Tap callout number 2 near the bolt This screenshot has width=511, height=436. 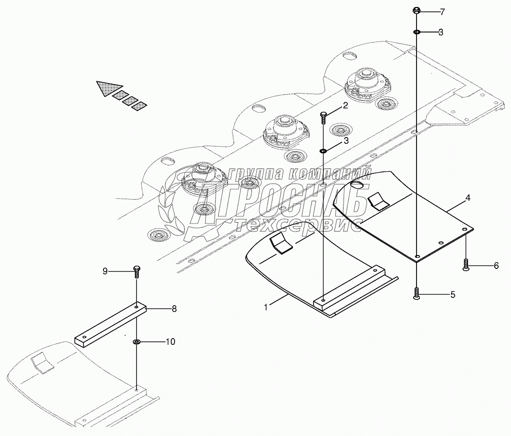coord(345,107)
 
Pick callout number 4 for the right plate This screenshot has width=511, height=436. coord(468,198)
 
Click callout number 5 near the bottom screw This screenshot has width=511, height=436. coord(452,295)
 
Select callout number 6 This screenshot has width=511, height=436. coord(496,266)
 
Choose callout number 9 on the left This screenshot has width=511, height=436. coord(105,271)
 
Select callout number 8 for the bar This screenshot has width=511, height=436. coord(174,309)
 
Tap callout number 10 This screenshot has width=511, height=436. coord(170,341)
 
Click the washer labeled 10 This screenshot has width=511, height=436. coord(136,342)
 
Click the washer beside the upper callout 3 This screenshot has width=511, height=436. coord(417,32)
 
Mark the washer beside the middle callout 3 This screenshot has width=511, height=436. coord(323,151)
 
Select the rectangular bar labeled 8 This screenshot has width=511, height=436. coord(110,325)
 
